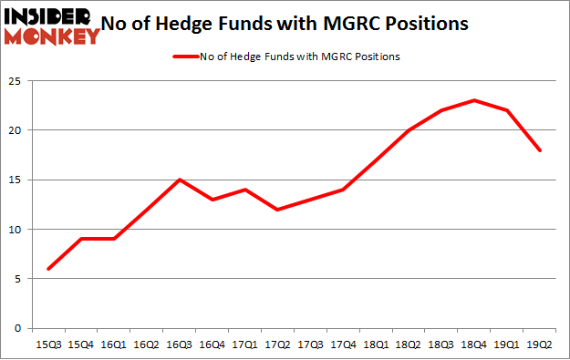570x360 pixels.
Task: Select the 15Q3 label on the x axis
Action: point(48,345)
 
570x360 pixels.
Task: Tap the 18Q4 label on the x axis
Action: point(474,345)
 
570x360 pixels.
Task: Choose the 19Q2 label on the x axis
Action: point(541,345)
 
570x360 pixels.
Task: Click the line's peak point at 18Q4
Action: point(474,100)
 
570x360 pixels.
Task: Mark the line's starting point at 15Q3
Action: point(48,269)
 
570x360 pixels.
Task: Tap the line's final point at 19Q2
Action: point(541,150)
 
